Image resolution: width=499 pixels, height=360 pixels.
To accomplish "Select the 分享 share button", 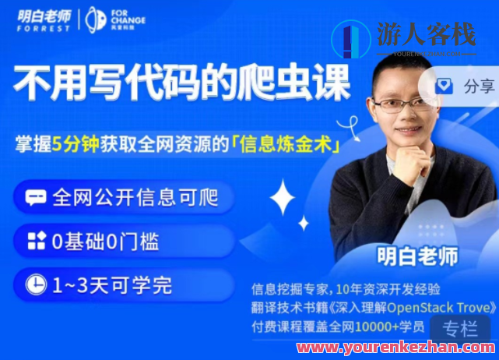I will pyautogui.click(x=477, y=86).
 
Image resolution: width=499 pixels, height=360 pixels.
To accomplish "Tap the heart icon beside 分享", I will pyautogui.click(x=444, y=86).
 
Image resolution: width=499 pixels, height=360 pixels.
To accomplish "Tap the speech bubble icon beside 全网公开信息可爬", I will pyautogui.click(x=36, y=197).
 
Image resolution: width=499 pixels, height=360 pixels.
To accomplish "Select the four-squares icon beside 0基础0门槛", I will pyautogui.click(x=36, y=242).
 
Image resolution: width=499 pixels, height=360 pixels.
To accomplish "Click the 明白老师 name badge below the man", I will pyautogui.click(x=417, y=255).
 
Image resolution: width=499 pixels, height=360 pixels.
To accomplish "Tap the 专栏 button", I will pyautogui.click(x=459, y=328).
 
